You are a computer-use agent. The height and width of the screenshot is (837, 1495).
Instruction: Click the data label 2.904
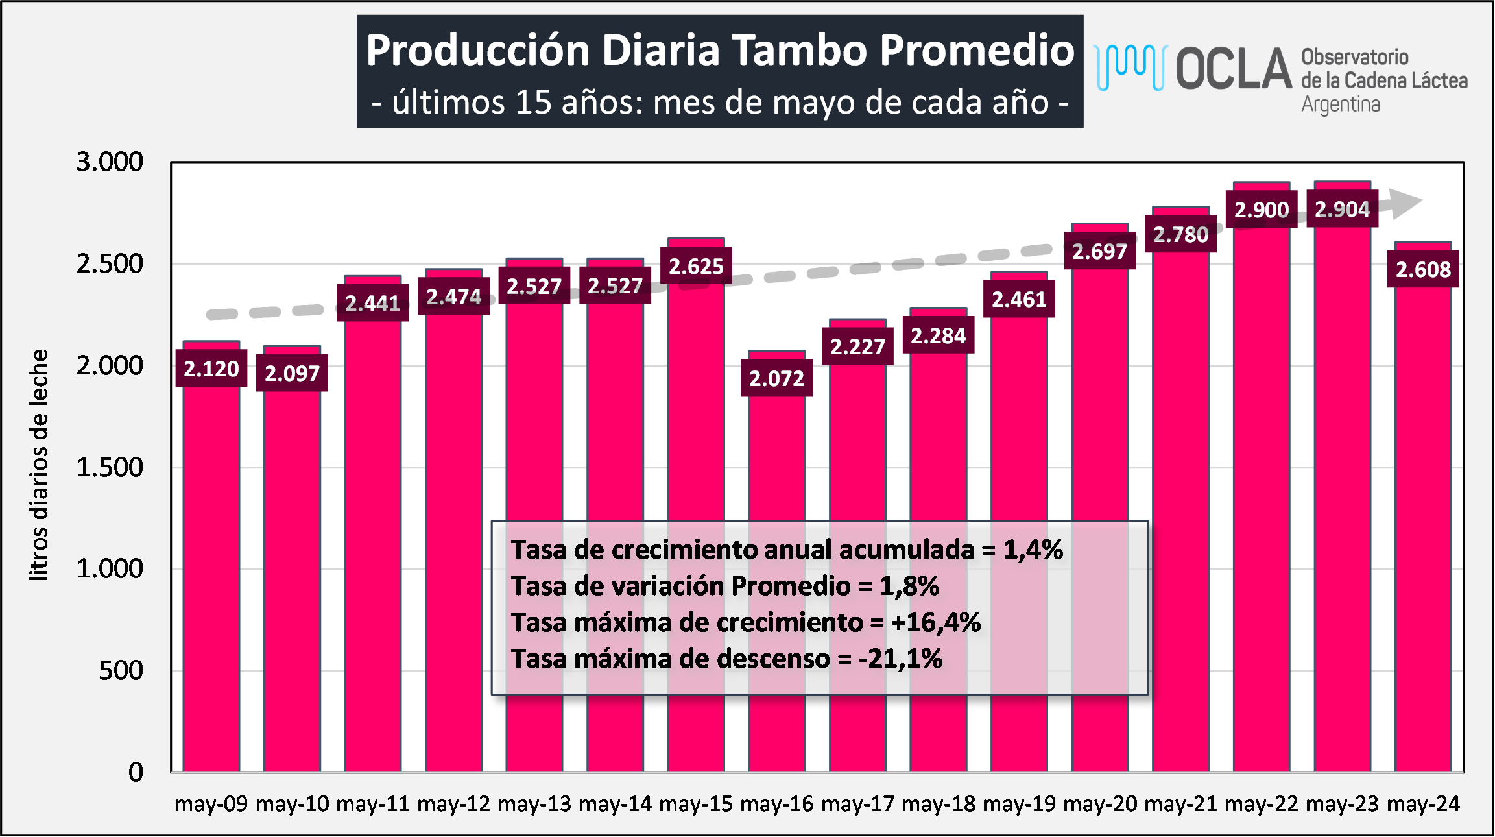pyautogui.click(x=1342, y=210)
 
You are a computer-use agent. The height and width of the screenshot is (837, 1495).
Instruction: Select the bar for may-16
pyautogui.click(x=776, y=584)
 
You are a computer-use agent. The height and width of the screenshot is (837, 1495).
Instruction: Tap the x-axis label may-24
pyautogui.click(x=1423, y=804)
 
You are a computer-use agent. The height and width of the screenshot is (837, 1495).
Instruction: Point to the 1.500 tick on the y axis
pyautogui.click(x=110, y=467)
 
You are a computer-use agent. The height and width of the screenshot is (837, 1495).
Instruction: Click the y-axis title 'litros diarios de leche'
pyautogui.click(x=39, y=465)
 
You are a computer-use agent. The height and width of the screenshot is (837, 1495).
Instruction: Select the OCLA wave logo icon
pyautogui.click(x=1130, y=67)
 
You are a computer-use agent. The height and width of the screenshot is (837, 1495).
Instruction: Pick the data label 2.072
pyautogui.click(x=776, y=378)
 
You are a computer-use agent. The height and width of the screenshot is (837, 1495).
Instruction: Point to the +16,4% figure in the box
pyautogui.click(x=935, y=623)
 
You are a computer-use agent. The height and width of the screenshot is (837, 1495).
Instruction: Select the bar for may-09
pyautogui.click(x=211, y=584)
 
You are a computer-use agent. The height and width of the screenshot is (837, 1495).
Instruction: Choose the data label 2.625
pyautogui.click(x=696, y=266)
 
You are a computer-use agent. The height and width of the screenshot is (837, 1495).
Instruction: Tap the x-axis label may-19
pyautogui.click(x=1019, y=804)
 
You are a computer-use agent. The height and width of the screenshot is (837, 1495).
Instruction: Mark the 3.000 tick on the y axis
pyautogui.click(x=110, y=162)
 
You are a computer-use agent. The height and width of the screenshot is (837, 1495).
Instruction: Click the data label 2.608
pyautogui.click(x=1423, y=269)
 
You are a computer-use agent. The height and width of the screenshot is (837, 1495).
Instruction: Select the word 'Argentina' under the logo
pyautogui.click(x=1340, y=104)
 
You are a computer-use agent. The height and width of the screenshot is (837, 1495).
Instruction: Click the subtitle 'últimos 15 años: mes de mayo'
pyautogui.click(x=720, y=103)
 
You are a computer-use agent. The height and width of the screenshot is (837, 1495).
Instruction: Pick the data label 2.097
pyautogui.click(x=292, y=373)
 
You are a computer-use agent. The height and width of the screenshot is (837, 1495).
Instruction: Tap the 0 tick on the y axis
pyautogui.click(x=136, y=772)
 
